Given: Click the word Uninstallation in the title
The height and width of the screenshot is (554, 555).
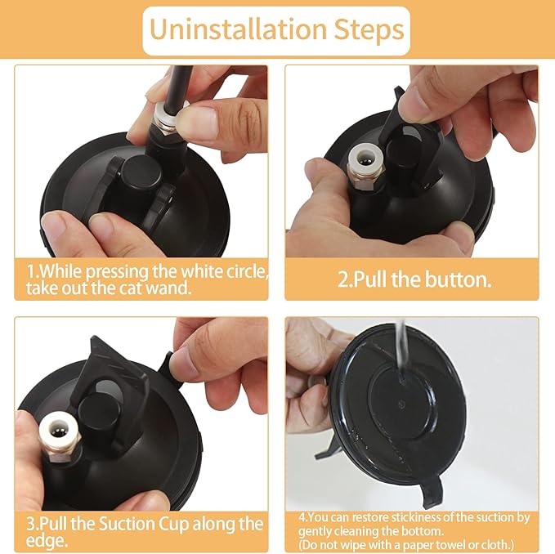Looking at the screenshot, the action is [238, 29].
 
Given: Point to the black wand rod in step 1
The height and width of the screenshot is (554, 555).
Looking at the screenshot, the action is [177, 84].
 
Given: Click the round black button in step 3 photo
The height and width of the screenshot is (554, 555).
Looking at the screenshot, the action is [98, 411].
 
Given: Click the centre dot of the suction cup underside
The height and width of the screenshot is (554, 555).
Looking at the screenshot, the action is [401, 404].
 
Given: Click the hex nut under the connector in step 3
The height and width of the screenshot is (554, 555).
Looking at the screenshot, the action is [60, 453].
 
